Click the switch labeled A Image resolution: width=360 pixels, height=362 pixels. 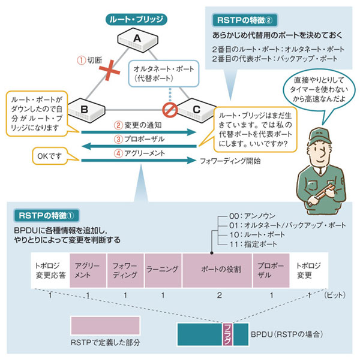[137, 40]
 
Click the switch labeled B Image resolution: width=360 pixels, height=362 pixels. [85, 111]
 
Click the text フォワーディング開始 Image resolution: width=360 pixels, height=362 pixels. [230, 160]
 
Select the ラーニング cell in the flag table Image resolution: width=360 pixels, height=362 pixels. [163, 270]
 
